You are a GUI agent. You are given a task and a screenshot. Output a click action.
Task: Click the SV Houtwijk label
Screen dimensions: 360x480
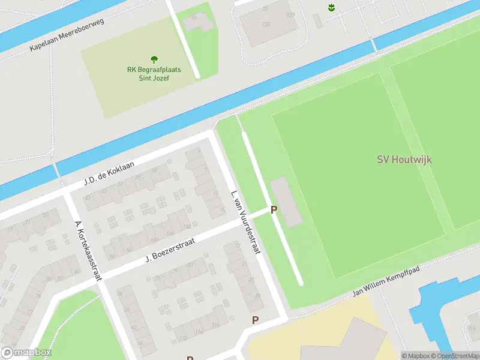pos(404,160)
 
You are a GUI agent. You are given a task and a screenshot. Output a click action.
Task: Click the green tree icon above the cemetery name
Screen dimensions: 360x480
pos(154,59)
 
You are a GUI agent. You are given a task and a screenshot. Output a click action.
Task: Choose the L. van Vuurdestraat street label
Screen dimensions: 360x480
pos(245,221)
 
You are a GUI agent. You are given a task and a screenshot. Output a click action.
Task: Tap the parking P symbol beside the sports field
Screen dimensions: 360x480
pos(274,209)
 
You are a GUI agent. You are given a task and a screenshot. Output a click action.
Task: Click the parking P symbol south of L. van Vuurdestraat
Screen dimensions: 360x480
pos(255,320)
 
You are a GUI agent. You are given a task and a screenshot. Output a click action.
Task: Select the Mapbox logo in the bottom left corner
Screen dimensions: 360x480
pos(26,353)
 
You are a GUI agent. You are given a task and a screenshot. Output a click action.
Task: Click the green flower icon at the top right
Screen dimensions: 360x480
pos(331,7)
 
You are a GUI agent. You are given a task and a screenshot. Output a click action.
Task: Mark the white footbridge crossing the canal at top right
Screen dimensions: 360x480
pos(373,45)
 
